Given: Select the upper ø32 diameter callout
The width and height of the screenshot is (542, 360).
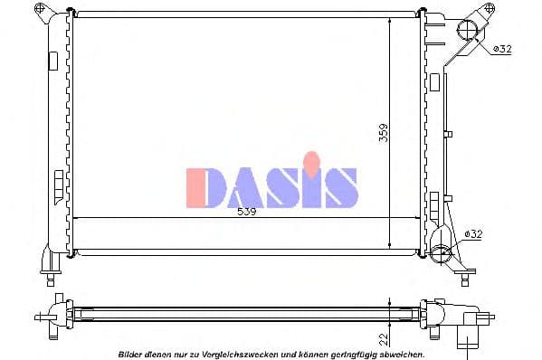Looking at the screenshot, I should tap(501, 50).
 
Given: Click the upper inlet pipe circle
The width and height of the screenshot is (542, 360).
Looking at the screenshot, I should tap(468, 30).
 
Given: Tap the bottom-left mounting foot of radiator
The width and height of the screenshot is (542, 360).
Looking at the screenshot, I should tap(47, 261).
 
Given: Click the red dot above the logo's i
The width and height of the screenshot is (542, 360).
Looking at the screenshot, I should tap(312, 162).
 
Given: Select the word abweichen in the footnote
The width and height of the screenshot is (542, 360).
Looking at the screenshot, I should tap(401, 354).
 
